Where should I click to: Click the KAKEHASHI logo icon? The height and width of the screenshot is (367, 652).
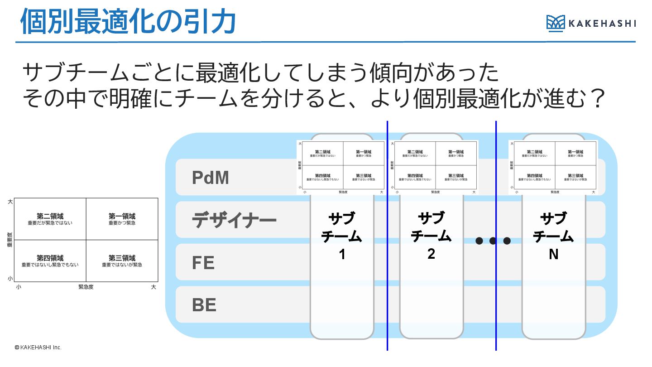click(x=556, y=23)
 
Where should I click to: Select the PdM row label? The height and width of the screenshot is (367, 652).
click(x=211, y=178)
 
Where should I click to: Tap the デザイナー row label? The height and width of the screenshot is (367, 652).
click(x=234, y=221)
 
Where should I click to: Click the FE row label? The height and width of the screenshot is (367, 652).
click(x=203, y=263)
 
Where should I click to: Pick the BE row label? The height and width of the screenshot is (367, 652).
click(x=204, y=305)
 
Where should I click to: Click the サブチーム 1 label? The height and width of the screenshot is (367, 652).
click(x=342, y=236)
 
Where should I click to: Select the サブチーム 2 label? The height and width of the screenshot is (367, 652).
click(x=431, y=236)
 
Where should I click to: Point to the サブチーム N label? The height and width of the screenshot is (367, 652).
click(x=553, y=236)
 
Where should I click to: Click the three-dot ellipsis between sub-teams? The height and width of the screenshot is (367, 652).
click(x=493, y=241)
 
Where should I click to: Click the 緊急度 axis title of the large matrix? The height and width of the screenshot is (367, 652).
click(x=86, y=287)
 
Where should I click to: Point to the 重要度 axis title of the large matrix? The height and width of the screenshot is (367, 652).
click(x=10, y=240)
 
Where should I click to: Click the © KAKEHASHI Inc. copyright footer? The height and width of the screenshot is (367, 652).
click(x=38, y=348)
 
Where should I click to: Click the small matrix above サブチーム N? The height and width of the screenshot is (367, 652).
click(x=553, y=167)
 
